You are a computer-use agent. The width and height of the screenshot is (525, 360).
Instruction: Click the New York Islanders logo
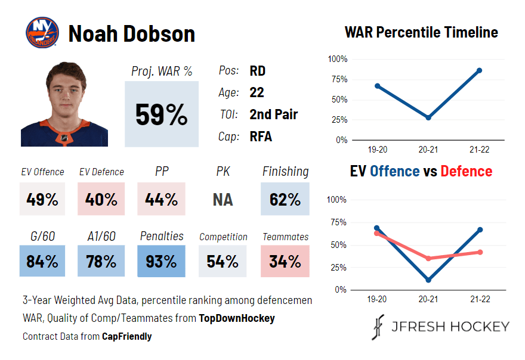[x=42, y=33]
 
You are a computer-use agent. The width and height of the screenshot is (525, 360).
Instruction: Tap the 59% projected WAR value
[x=161, y=114]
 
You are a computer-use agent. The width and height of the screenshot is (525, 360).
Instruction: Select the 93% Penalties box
[x=161, y=261]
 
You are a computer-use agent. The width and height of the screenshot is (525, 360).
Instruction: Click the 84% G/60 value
[x=42, y=261]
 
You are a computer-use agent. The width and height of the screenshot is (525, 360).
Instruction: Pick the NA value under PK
[x=223, y=199]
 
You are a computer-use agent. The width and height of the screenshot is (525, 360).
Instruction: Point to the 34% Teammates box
[x=285, y=261]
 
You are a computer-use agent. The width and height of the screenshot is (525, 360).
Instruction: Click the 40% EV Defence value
[x=101, y=199]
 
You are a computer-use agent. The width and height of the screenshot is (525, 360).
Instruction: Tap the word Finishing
[x=285, y=172]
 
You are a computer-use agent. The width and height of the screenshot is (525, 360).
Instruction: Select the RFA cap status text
[x=261, y=136]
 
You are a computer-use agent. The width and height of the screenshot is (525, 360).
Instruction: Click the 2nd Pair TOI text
[x=273, y=114]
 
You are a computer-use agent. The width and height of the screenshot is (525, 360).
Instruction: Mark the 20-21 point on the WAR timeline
[x=428, y=117]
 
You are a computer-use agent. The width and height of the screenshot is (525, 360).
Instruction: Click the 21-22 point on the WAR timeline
[x=479, y=70]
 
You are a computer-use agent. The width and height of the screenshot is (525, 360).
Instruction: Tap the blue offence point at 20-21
[x=428, y=280]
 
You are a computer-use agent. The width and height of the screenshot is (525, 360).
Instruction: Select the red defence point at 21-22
[x=479, y=252]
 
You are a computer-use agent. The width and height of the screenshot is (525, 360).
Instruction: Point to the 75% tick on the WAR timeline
[x=338, y=79]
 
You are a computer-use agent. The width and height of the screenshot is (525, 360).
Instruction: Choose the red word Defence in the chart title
[x=466, y=172]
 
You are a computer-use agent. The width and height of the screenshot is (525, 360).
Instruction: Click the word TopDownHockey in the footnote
[x=236, y=318]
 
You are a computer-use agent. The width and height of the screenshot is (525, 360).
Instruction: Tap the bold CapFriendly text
[x=126, y=336]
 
